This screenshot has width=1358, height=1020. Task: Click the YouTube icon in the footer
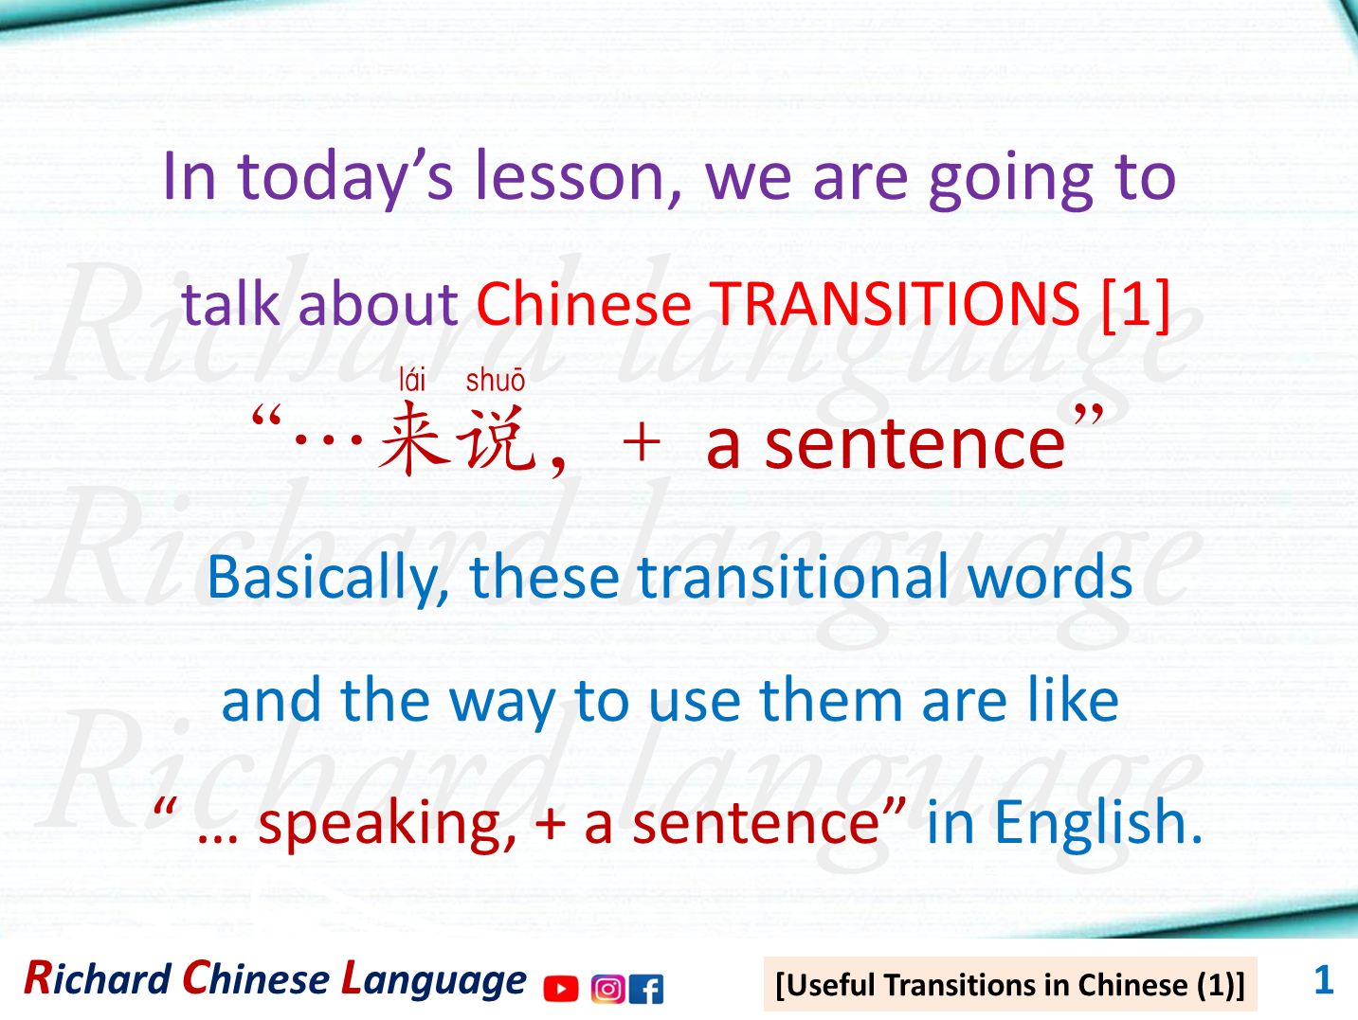click(x=561, y=989)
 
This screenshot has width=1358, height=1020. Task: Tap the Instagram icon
click(x=607, y=989)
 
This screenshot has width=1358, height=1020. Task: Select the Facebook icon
click(x=646, y=989)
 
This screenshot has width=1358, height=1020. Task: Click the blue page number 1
click(x=1323, y=979)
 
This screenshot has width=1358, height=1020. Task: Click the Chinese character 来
click(x=413, y=438)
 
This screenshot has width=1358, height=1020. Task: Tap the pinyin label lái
click(x=412, y=381)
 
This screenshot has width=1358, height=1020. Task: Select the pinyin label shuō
click(x=495, y=381)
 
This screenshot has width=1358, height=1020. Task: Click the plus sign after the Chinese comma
click(x=642, y=442)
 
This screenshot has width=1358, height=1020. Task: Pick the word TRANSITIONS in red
click(x=896, y=304)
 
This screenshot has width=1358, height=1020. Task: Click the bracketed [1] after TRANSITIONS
click(x=1136, y=304)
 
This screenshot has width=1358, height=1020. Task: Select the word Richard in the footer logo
click(x=97, y=979)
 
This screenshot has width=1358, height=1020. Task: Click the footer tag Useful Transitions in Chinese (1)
click(x=1009, y=985)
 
